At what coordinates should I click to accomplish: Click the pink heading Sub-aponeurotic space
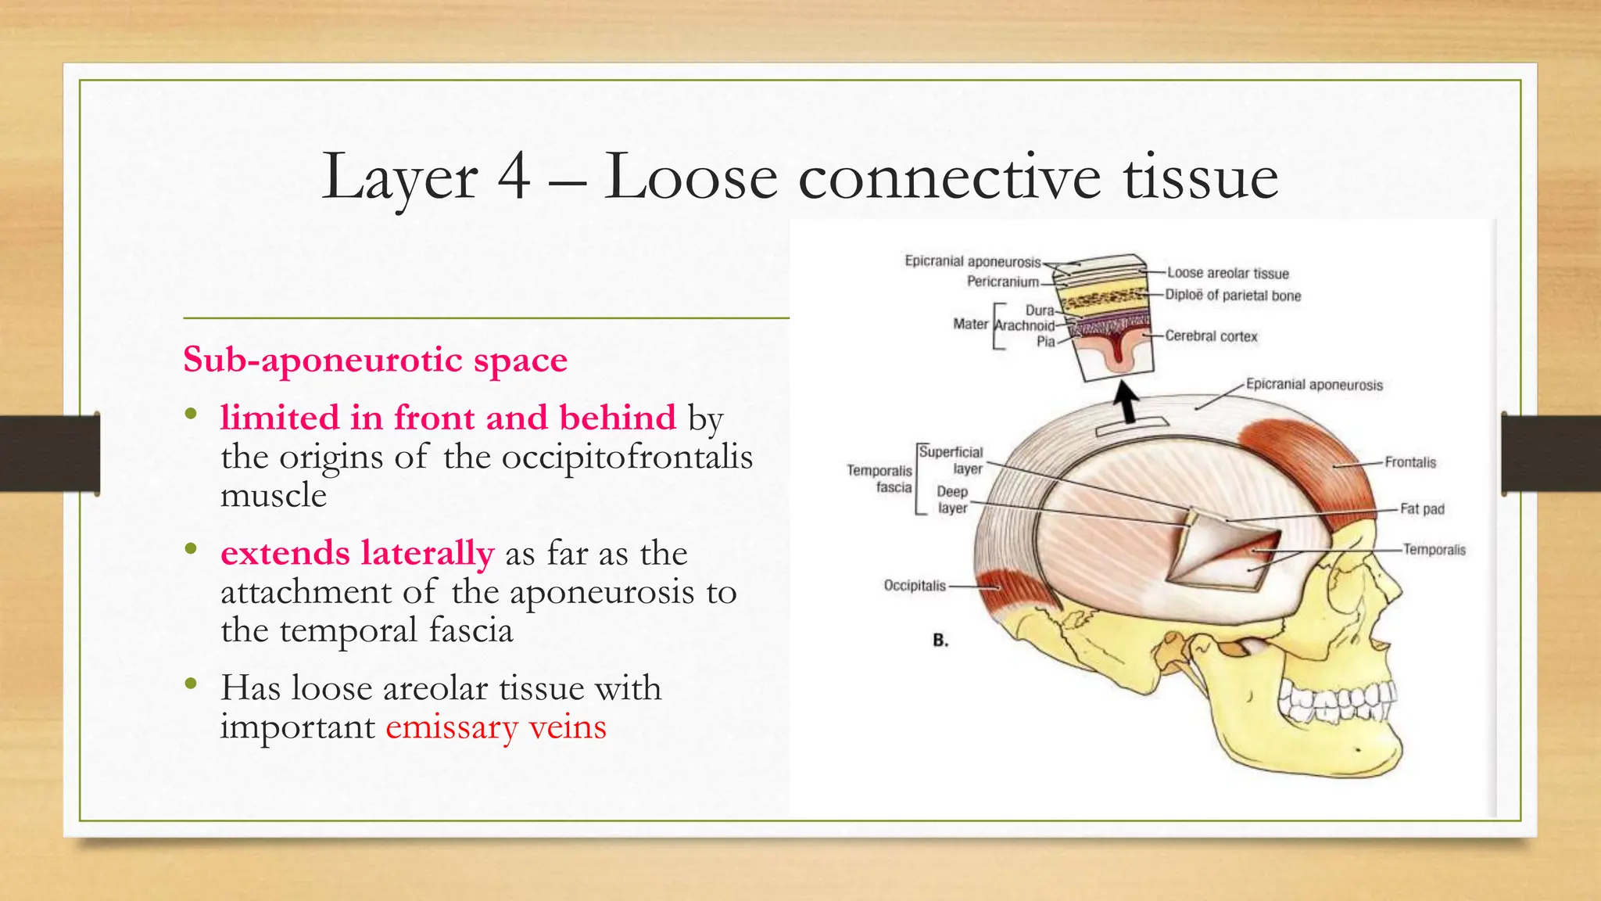click(x=375, y=360)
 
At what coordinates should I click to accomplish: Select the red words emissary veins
click(x=496, y=727)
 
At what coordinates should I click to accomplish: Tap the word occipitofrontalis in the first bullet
click(x=627, y=457)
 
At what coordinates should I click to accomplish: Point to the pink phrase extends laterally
click(x=357, y=553)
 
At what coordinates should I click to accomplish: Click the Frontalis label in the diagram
click(x=1410, y=462)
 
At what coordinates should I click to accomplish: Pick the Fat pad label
click(x=1422, y=509)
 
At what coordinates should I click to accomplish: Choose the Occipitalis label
click(x=915, y=585)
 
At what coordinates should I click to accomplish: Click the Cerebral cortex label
click(x=1211, y=336)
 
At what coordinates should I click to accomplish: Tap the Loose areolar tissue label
click(x=1227, y=273)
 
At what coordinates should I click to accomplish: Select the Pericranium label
click(x=1003, y=282)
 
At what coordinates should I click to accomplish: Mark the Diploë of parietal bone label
click(x=1233, y=296)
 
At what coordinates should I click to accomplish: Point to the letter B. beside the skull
click(x=940, y=641)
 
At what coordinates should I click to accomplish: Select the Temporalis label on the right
click(x=1434, y=550)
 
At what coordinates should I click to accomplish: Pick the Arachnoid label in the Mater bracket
click(x=1025, y=325)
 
